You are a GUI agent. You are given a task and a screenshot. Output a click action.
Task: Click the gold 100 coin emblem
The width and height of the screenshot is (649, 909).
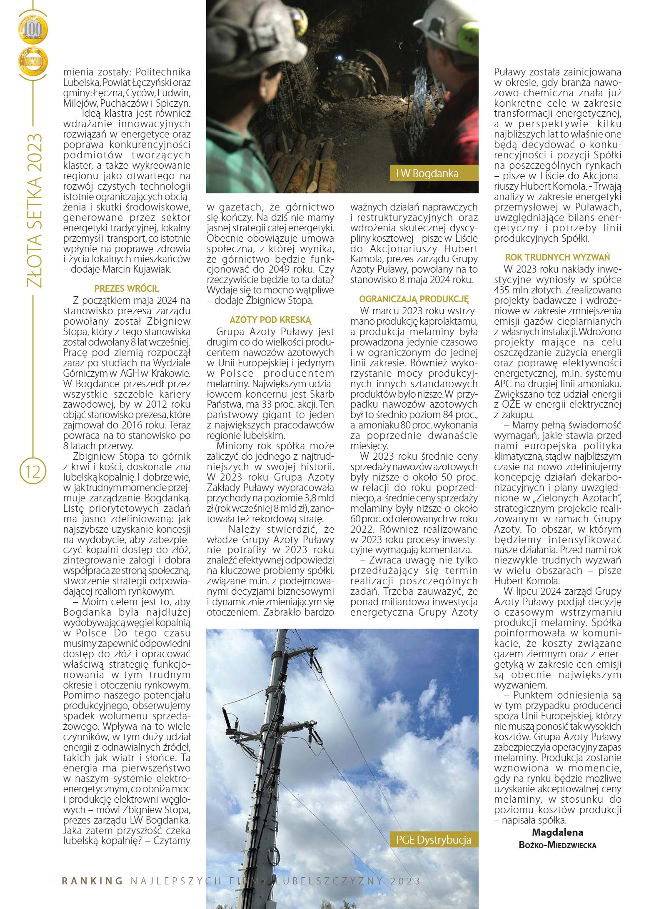click(33, 29)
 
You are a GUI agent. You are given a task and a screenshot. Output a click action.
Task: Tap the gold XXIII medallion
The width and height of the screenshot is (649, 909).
click(33, 62)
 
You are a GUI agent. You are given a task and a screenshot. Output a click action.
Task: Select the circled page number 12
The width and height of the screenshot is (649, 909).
click(33, 471)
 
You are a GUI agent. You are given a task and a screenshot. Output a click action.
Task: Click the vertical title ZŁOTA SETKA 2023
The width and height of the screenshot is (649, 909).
click(34, 210)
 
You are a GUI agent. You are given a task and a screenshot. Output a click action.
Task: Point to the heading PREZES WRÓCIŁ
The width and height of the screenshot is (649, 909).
click(127, 288)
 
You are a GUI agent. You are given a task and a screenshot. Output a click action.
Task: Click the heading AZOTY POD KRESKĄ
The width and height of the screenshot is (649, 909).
click(270, 320)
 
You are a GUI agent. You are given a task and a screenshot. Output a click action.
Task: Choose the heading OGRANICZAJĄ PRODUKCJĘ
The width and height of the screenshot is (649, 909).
click(414, 299)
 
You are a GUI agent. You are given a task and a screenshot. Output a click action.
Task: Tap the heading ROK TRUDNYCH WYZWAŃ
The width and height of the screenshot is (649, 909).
click(557, 257)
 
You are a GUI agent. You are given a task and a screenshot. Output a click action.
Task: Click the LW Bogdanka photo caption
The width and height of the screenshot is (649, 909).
click(427, 173)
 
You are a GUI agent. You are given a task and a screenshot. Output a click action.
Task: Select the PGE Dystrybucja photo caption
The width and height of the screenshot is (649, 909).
click(433, 839)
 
